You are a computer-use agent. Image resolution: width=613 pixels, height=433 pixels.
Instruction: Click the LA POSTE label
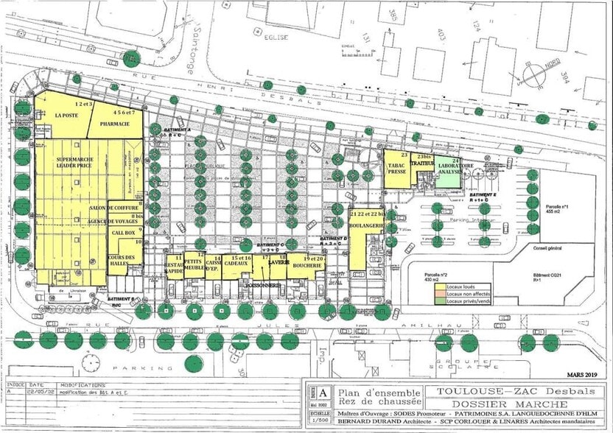(x=66, y=116)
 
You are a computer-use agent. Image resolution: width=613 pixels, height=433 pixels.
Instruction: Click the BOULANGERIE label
(x=365, y=225)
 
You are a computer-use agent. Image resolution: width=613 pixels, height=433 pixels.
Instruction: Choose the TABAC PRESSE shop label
(x=396, y=170)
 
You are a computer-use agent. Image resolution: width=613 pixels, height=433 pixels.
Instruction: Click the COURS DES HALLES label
(x=123, y=259)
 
